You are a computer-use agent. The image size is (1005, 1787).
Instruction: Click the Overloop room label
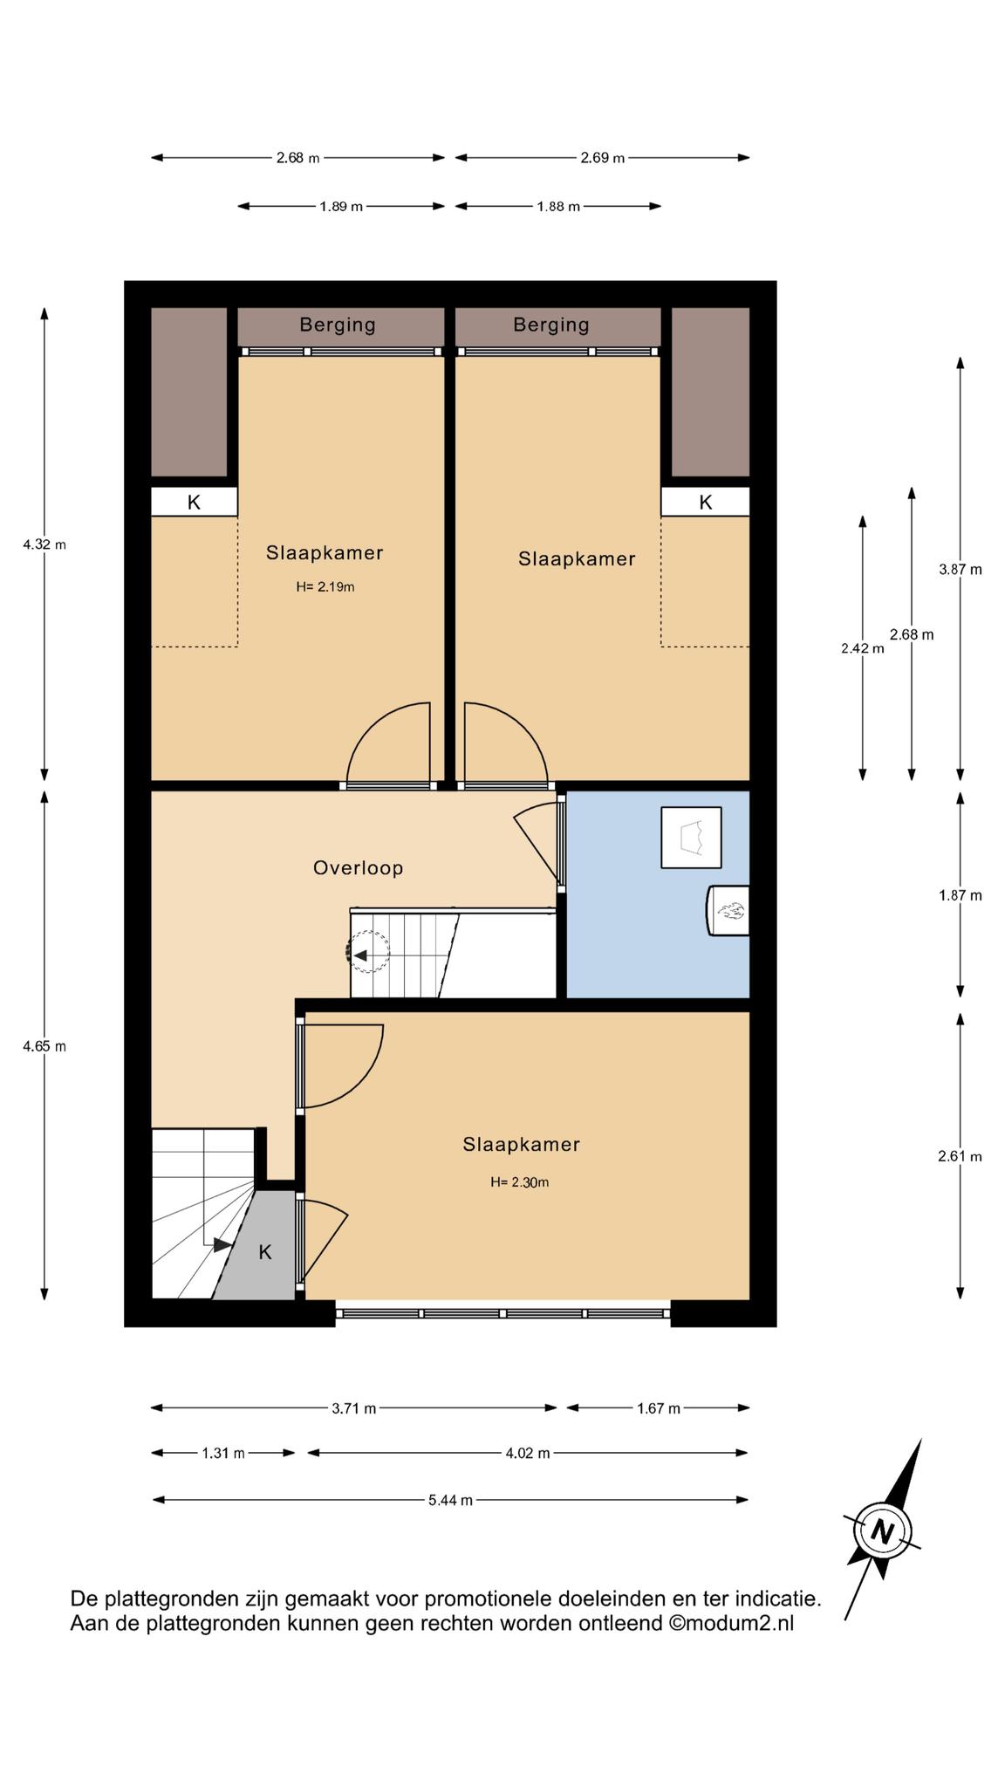(x=358, y=868)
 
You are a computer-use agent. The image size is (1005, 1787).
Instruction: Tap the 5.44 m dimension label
(x=450, y=1500)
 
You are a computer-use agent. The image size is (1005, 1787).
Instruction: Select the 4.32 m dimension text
(x=44, y=544)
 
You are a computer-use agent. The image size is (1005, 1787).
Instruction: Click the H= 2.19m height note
(x=325, y=587)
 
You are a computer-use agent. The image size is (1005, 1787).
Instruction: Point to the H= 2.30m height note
(x=520, y=1182)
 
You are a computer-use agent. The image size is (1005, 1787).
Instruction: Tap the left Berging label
(x=338, y=325)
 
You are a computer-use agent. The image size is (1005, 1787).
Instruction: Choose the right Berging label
(x=551, y=325)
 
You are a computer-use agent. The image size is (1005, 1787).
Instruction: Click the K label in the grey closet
(x=265, y=1252)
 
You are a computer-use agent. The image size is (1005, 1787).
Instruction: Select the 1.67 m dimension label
(x=659, y=1407)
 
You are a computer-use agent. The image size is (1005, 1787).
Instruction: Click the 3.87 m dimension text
(x=961, y=570)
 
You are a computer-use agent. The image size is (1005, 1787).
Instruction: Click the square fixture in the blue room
(x=691, y=838)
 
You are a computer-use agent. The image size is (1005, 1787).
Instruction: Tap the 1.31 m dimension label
(x=223, y=1453)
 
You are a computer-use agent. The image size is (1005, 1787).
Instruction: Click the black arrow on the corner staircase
(x=222, y=1245)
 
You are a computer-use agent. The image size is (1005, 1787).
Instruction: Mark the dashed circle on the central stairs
(x=368, y=951)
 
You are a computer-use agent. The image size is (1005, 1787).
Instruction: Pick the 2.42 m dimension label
(x=863, y=648)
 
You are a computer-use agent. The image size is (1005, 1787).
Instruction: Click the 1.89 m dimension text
(x=341, y=207)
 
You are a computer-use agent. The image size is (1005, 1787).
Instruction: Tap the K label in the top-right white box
(x=706, y=503)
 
